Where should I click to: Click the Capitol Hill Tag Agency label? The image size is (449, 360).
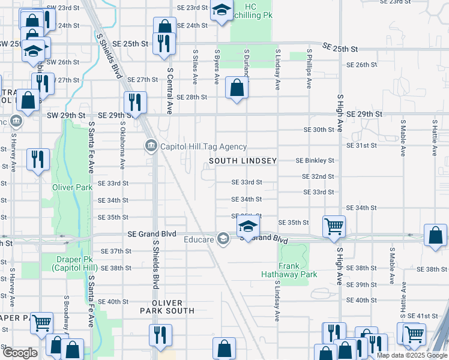[203, 146]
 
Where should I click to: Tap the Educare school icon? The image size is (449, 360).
[223, 239]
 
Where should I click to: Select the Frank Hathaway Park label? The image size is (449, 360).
[289, 270]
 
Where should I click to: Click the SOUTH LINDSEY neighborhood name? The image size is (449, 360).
[243, 161]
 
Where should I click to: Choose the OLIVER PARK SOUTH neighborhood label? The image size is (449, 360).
[167, 307]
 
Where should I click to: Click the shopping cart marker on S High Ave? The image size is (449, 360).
[334, 227]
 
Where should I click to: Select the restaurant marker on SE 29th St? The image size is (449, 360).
[135, 102]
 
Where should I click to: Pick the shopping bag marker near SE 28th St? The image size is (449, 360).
[237, 89]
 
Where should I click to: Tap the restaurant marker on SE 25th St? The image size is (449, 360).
[163, 43]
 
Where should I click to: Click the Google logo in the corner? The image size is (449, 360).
[20, 353]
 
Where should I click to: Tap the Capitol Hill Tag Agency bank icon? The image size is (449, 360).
[150, 146]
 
